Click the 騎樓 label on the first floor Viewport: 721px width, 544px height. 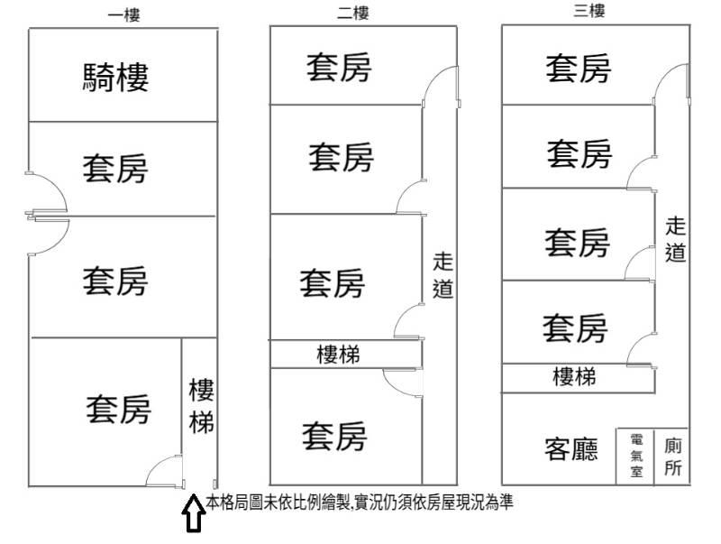(115, 77)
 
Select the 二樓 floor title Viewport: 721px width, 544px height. (352, 13)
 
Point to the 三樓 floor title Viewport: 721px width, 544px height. (589, 12)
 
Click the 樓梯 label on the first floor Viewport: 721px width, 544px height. (200, 406)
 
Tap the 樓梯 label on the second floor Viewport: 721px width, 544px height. (339, 355)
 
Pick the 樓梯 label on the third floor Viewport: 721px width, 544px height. (574, 376)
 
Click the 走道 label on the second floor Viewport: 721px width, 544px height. (443, 275)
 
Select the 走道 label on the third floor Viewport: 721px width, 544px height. (676, 239)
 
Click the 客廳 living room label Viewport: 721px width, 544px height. (571, 449)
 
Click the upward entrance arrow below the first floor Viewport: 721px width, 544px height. (192, 514)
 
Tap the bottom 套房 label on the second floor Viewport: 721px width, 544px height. (334, 437)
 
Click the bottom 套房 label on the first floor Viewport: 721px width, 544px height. (119, 410)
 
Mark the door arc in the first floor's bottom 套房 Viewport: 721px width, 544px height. (163, 471)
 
